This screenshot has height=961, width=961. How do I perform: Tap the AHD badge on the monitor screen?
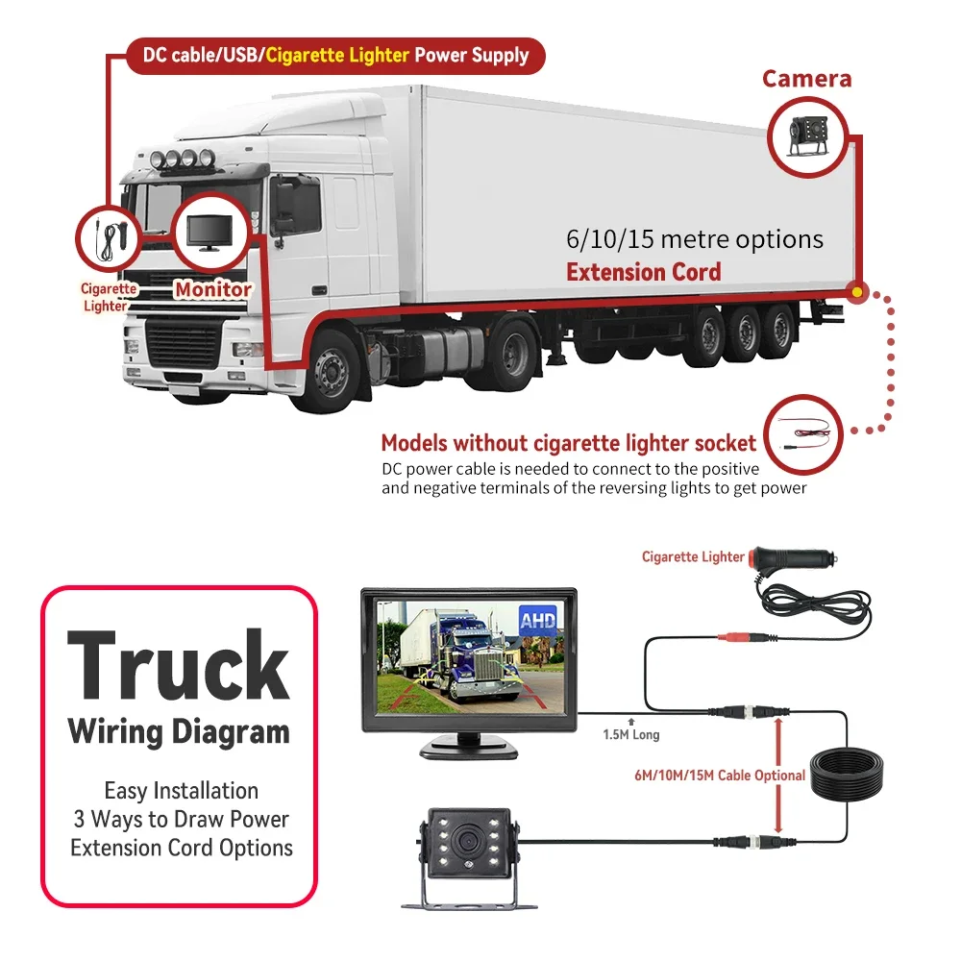point(535,621)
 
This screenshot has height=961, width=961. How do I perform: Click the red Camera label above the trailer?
point(806,79)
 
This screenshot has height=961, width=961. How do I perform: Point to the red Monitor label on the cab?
point(212,288)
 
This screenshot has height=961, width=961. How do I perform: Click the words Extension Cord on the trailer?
point(643,272)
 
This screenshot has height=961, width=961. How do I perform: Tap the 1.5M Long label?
point(631,735)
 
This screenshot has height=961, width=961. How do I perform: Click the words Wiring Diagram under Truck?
point(179,732)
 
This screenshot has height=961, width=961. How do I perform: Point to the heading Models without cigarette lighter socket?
point(568,443)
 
